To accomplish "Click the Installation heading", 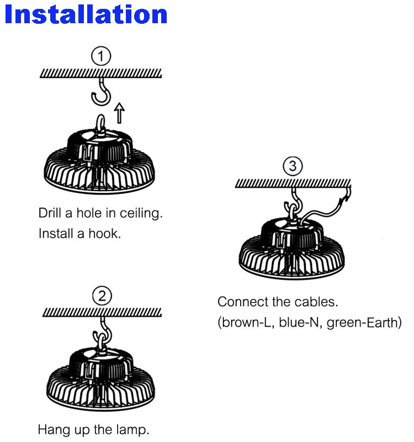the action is (x=86, y=14).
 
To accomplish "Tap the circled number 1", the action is (x=100, y=56).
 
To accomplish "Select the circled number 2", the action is (x=102, y=297).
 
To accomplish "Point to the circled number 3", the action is (x=293, y=166).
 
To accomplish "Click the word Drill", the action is (x=50, y=213).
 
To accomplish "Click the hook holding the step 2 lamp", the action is (x=103, y=331).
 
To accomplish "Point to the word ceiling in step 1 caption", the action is (x=142, y=213).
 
